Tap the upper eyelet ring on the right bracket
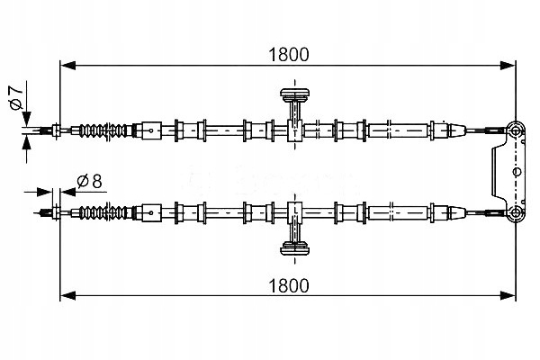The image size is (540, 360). [515, 130]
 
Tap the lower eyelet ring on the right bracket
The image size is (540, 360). [515, 212]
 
